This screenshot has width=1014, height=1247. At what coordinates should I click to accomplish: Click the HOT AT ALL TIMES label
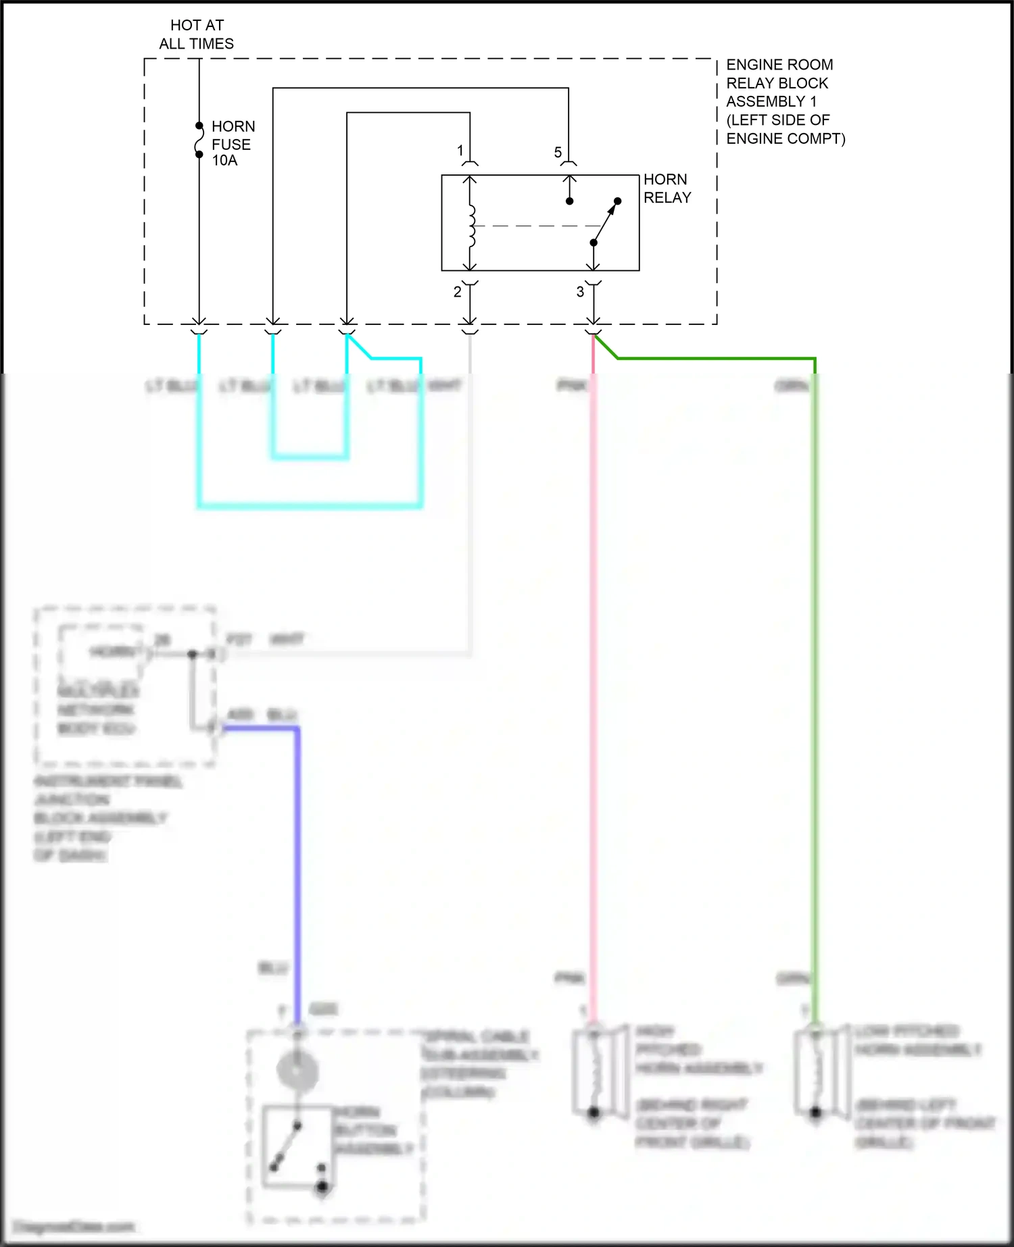(x=197, y=34)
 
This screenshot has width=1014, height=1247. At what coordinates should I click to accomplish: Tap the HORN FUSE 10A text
(x=232, y=143)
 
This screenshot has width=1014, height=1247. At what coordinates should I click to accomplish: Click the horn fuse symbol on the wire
(x=199, y=141)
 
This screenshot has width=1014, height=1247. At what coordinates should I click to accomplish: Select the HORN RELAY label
(x=667, y=188)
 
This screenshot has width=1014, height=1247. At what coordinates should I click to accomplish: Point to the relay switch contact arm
(x=605, y=222)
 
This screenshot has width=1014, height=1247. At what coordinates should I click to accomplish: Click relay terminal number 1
(x=460, y=150)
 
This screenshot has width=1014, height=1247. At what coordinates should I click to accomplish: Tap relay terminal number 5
(x=558, y=153)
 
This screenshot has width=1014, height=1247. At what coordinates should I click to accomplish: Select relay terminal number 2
(x=458, y=292)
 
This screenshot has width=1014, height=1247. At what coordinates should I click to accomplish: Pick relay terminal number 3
(x=580, y=292)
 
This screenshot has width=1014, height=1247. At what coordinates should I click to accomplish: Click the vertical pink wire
(x=594, y=676)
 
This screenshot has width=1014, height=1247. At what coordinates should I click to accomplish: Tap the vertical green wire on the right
(x=815, y=676)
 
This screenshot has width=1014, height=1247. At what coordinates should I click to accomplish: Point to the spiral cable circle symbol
(x=297, y=1070)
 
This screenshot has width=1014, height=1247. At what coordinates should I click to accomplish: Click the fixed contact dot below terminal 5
(x=569, y=201)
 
